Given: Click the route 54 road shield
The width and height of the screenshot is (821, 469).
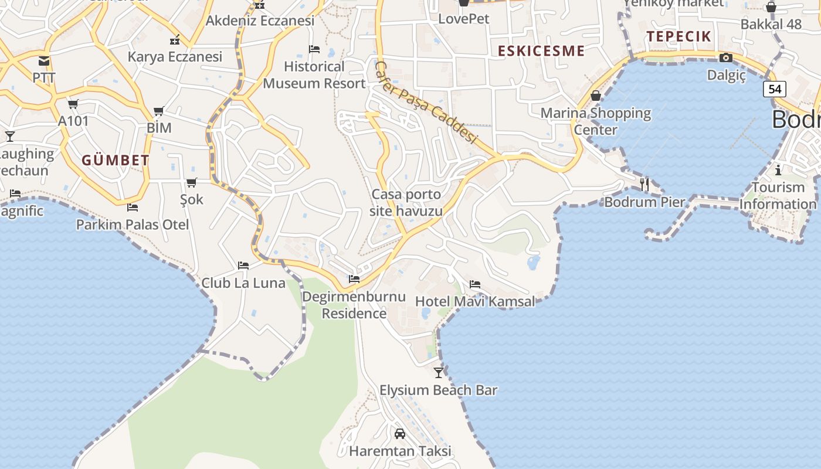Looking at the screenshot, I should click(x=775, y=89).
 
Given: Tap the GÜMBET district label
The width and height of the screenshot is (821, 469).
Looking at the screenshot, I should click(x=116, y=160).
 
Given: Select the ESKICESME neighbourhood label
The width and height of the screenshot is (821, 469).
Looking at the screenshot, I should click(x=541, y=51).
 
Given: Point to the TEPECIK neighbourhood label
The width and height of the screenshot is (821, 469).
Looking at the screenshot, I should click(x=678, y=36).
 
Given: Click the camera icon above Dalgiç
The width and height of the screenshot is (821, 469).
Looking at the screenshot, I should click(x=726, y=57).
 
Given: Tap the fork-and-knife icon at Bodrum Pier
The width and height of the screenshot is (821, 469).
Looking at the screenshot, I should click(x=644, y=184).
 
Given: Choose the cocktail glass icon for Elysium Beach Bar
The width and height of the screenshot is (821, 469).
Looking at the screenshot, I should click(x=439, y=372).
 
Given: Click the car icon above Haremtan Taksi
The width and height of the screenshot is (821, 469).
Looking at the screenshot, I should click(x=400, y=434).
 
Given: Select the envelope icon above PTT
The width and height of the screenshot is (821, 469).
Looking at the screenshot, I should click(x=44, y=60).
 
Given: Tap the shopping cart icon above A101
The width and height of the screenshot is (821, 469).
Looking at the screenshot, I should click(x=73, y=104).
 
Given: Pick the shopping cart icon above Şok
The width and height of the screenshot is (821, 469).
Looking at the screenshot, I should click(x=192, y=183).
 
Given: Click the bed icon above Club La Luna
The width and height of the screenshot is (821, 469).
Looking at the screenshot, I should click(x=243, y=266).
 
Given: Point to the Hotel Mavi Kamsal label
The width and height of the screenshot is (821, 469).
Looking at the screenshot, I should click(x=475, y=301).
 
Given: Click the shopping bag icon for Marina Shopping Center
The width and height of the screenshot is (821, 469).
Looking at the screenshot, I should click(x=596, y=96).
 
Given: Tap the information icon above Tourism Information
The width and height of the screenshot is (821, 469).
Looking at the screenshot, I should click(x=778, y=171).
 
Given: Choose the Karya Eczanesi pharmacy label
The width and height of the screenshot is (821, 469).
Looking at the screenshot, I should click(x=175, y=57).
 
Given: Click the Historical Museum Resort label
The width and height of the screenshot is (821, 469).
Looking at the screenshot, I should click(x=314, y=75).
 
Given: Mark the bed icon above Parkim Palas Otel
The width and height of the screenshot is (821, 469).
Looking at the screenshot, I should click(x=133, y=207).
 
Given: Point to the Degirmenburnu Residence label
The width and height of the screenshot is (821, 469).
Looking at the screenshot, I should click(x=354, y=305).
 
